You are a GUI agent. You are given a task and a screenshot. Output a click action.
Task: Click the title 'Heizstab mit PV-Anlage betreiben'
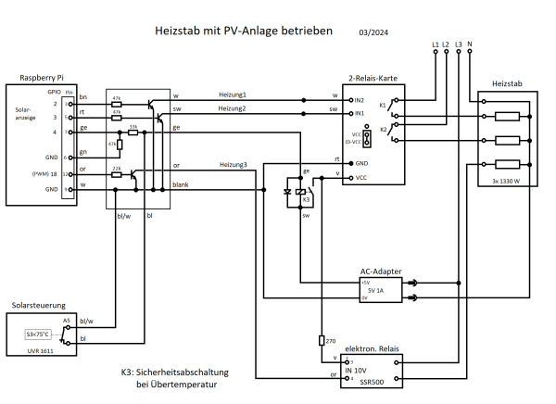click(245, 30)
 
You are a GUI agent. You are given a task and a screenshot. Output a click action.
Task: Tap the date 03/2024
click(375, 32)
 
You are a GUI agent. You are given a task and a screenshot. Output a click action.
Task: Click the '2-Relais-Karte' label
click(373, 81)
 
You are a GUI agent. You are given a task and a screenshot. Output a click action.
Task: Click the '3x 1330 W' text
click(506, 180)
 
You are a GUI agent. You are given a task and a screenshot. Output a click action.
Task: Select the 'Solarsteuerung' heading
click(39, 303)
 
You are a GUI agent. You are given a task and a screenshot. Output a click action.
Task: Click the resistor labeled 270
click(321, 340)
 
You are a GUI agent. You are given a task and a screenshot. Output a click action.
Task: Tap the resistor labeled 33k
click(133, 133)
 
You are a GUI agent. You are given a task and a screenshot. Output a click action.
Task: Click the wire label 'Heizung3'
click(234, 165)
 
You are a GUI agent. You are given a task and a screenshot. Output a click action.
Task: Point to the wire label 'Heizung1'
click(234, 95)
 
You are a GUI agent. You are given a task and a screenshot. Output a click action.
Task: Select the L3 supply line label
click(459, 44)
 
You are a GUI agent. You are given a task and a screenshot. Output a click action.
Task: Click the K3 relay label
click(307, 200)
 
